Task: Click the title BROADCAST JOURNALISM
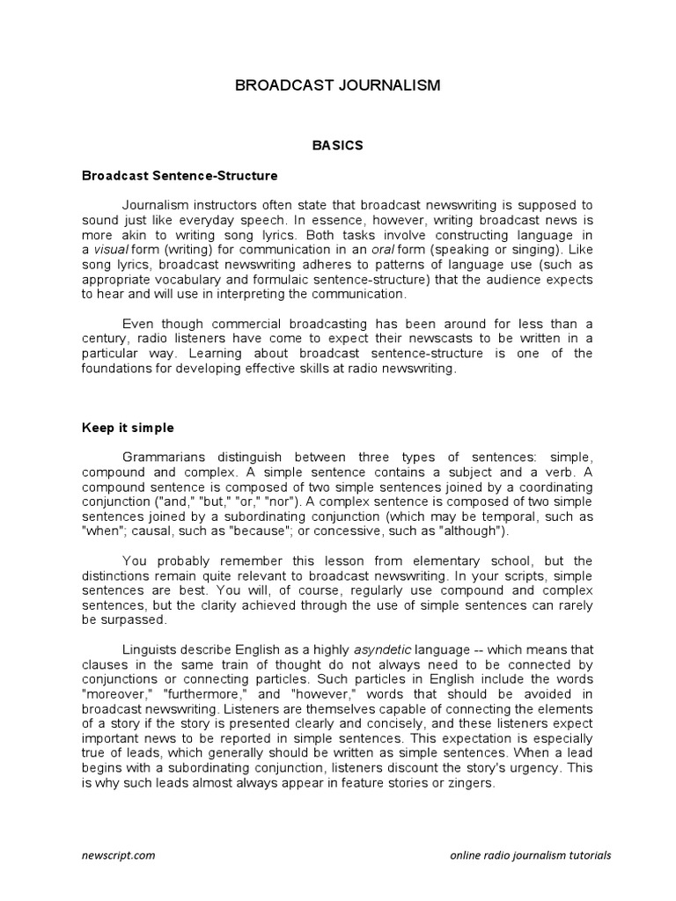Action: click(337, 85)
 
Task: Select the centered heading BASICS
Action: click(338, 145)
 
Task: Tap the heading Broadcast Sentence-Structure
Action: click(180, 175)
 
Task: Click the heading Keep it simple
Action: click(128, 428)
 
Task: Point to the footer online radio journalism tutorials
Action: click(530, 854)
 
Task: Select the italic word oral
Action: click(380, 250)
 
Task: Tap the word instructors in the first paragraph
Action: click(224, 206)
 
